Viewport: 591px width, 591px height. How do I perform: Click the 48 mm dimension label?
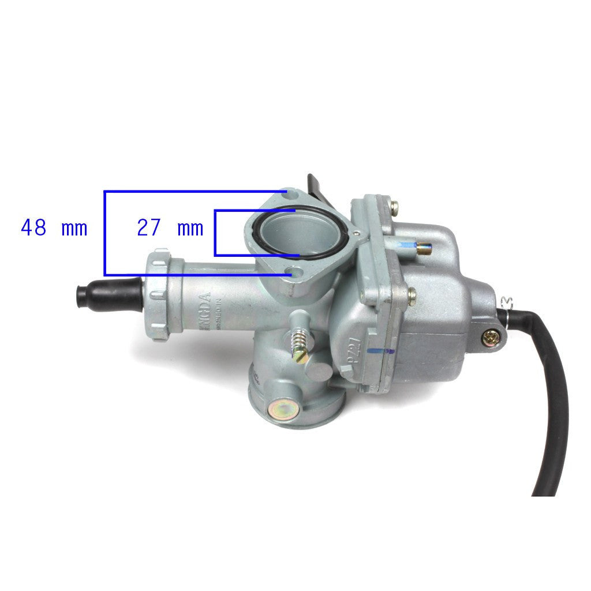(x=54, y=228)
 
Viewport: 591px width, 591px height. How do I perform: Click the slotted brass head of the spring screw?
(x=299, y=357)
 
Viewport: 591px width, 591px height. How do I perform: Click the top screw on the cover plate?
(x=394, y=205)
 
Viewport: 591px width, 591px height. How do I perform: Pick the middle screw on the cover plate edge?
(x=412, y=296)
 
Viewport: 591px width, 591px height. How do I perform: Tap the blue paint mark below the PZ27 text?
(x=379, y=350)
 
